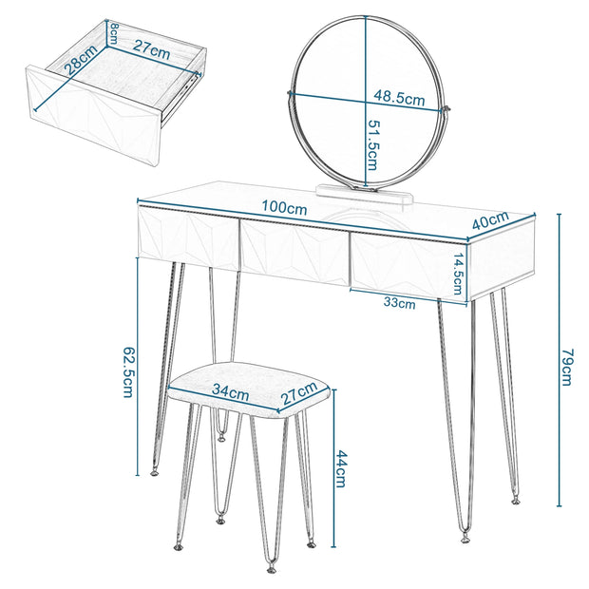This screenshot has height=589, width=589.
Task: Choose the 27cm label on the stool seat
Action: (x=298, y=390)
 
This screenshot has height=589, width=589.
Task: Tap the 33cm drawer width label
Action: (x=399, y=304)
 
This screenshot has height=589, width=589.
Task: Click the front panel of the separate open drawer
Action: (x=93, y=119)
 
